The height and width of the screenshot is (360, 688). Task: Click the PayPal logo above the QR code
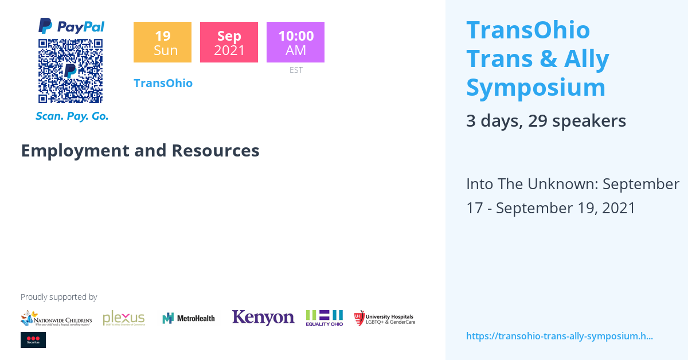[x=71, y=26]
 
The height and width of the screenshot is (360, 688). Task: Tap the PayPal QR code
[x=71, y=71]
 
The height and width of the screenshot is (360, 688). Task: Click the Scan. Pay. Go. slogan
[x=72, y=116]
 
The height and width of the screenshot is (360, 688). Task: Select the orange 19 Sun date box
[x=162, y=42]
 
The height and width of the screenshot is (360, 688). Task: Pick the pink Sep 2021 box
[x=229, y=42]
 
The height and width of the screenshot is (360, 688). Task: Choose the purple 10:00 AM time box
[x=295, y=42]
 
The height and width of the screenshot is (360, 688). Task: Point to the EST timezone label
[x=296, y=70]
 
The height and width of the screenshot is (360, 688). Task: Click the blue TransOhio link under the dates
[x=163, y=83]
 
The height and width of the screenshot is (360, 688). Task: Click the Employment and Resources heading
[x=140, y=151]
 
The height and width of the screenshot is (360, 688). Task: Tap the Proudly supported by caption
[x=58, y=297]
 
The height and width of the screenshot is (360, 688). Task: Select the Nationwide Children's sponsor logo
[x=56, y=318]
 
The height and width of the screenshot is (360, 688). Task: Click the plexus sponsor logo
[x=124, y=318]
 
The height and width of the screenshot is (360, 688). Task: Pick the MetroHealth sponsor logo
[x=189, y=318]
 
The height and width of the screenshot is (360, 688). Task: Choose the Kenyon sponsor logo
[x=263, y=318]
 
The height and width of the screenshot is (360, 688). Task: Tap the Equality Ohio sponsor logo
[x=325, y=318]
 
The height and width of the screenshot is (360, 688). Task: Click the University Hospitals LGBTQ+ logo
[x=384, y=318]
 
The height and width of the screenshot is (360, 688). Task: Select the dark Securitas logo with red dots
[x=33, y=340]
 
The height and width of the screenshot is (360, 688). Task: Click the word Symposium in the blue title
[x=535, y=88]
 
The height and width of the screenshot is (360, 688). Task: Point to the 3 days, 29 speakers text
[x=546, y=121]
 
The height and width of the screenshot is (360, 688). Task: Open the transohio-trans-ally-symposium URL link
[x=560, y=336]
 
